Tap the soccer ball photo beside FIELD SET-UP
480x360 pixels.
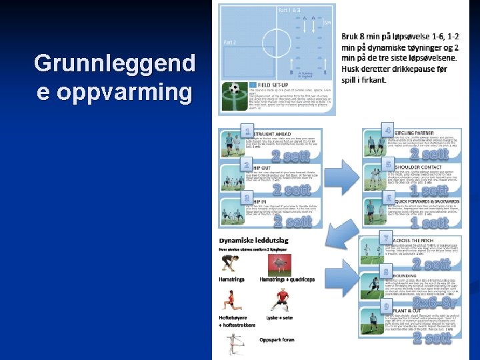click(x=234, y=89)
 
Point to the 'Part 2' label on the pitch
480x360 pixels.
click(x=231, y=42)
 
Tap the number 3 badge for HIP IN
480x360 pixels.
click(x=247, y=198)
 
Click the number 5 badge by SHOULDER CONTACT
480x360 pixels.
click(x=389, y=163)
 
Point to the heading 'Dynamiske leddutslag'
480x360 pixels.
click(x=255, y=239)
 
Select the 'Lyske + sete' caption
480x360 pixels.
click(x=280, y=319)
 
